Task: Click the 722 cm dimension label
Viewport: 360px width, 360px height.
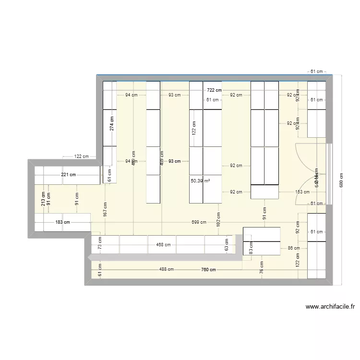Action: (215, 90)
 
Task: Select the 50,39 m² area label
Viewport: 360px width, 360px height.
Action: (200, 180)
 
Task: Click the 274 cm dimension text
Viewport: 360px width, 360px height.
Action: (112, 124)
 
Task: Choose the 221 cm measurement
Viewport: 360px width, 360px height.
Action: (68, 175)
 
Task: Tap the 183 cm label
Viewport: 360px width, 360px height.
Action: (62, 222)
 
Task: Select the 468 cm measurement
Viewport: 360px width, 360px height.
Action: (163, 245)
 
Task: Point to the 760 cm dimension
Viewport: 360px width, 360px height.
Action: (209, 270)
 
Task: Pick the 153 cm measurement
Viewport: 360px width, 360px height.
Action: (302, 192)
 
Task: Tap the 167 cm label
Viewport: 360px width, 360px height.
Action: (105, 209)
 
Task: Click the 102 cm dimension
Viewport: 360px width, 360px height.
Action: (218, 220)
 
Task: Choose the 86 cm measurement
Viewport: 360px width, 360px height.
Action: (293, 248)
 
